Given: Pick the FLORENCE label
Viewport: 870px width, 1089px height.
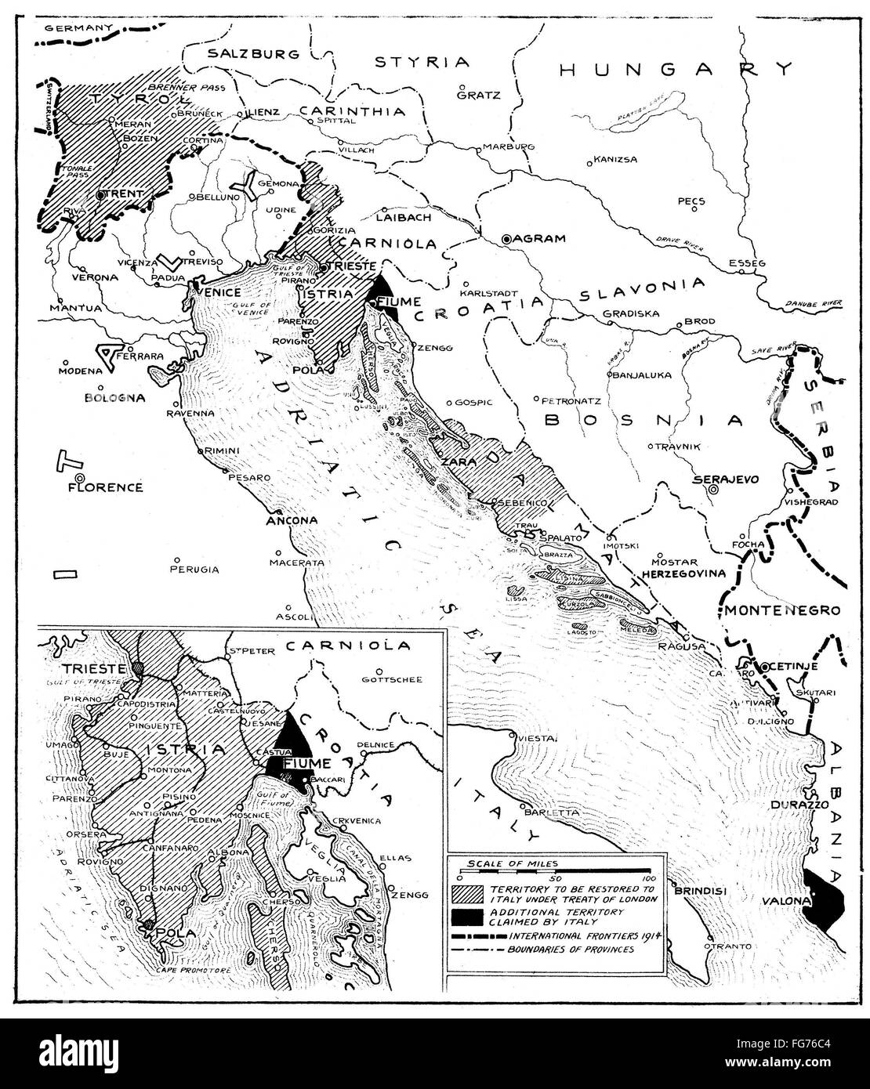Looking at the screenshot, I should coord(106,487).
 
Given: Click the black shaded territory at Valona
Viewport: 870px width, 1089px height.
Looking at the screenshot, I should coord(823,901).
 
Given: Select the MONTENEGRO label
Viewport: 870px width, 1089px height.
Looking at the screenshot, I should coord(781,610).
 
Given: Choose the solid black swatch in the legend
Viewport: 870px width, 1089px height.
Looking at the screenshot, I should coord(466,917).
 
